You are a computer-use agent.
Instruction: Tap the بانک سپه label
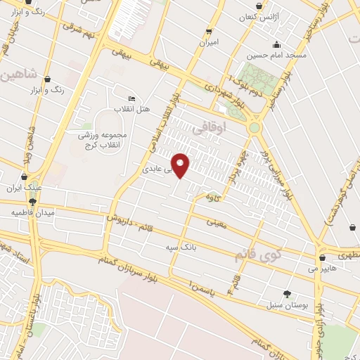point(180,248)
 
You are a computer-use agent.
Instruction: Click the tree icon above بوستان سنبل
point(286,294)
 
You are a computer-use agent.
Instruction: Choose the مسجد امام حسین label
point(277,54)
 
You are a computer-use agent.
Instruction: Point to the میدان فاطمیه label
point(32,212)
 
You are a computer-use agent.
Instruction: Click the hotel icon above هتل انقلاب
point(132,98)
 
